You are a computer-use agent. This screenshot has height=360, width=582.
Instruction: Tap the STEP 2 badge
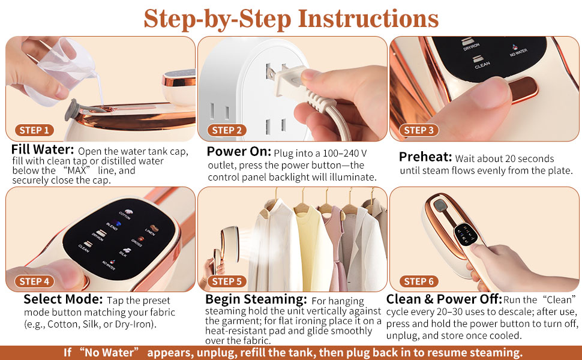[227, 130]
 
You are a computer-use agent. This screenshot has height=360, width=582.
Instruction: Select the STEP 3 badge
[419, 130]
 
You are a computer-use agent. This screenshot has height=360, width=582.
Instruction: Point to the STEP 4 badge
[34, 281]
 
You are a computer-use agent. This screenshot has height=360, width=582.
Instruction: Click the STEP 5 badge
[227, 281]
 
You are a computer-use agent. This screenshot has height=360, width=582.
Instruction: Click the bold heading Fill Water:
[42, 149]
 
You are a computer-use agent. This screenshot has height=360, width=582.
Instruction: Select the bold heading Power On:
[239, 151]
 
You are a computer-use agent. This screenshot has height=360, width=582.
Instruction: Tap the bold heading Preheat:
[425, 157]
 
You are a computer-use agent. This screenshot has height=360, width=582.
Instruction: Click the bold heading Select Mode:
[63, 299]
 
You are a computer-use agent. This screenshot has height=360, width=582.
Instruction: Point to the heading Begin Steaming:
[255, 299]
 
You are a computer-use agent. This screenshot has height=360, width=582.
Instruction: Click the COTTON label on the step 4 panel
[125, 214]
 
